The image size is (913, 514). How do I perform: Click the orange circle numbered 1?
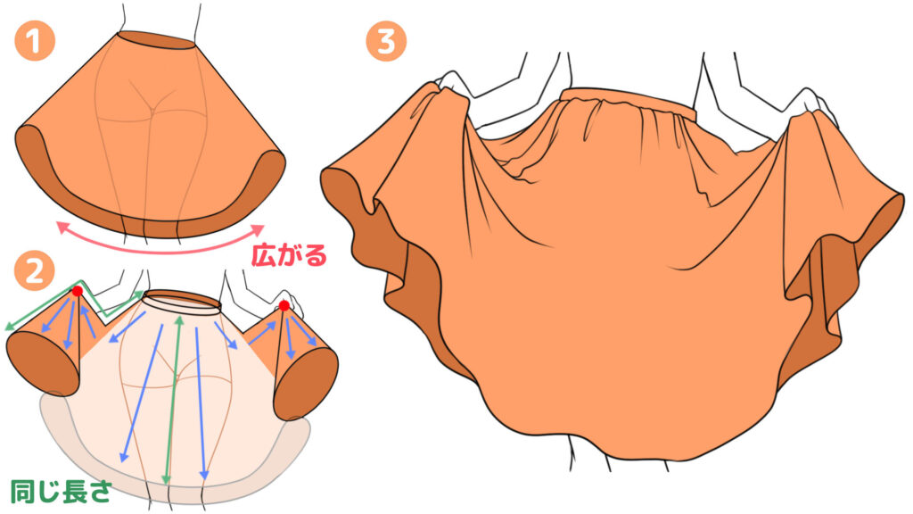click(x=35, y=40)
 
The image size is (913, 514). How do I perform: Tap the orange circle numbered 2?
click(x=35, y=271)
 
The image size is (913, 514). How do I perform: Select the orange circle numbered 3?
click(x=386, y=40)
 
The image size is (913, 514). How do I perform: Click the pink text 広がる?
click(x=289, y=254)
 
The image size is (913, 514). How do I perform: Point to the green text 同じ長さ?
click(x=62, y=491)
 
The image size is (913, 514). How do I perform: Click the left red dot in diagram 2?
click(x=77, y=290)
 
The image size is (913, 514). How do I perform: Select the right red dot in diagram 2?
click(x=284, y=305)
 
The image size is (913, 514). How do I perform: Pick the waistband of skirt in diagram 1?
click(x=156, y=40)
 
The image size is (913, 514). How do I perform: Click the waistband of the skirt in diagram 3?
click(x=629, y=100)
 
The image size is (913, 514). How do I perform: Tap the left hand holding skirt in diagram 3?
click(x=454, y=85)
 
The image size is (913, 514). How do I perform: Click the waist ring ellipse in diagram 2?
click(x=183, y=302)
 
